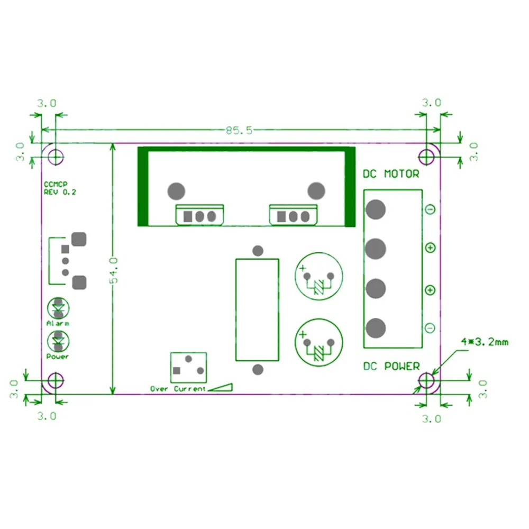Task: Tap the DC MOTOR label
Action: tap(390, 174)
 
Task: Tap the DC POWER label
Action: tap(391, 366)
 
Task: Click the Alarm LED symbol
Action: tap(58, 308)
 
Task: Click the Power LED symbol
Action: tap(58, 341)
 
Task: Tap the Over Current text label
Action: tap(178, 389)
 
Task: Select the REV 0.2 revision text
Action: tap(60, 193)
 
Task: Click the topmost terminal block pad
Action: tap(375, 209)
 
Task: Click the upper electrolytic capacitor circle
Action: tap(318, 276)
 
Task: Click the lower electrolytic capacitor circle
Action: tap(318, 342)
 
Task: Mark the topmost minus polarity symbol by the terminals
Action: tap(430, 210)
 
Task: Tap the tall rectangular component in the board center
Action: tap(257, 309)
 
